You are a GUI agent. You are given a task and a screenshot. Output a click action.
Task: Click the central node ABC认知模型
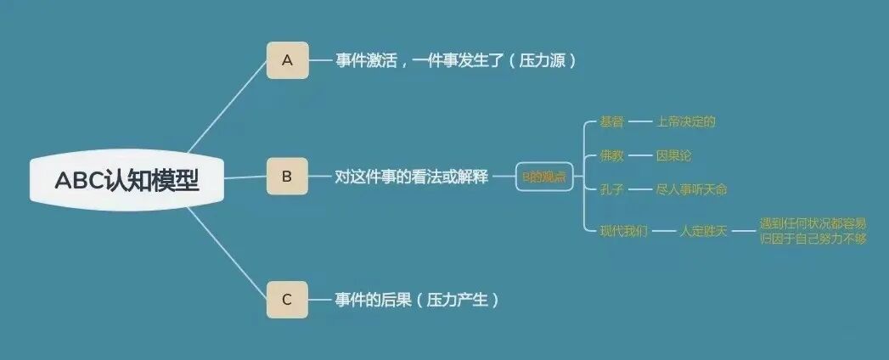127,181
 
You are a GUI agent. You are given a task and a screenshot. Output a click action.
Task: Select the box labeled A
287,60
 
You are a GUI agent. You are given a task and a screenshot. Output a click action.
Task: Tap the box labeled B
287,177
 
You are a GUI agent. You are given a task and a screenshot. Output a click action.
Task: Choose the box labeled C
287,300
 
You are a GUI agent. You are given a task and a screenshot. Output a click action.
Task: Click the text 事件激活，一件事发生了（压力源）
456,61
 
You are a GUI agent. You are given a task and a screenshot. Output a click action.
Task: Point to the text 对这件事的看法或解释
412,177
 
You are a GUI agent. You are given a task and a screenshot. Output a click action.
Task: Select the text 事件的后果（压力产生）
417,300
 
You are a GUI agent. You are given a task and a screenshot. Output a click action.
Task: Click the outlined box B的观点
544,177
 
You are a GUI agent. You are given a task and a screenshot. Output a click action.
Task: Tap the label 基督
611,121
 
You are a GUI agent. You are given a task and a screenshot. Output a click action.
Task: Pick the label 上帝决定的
685,121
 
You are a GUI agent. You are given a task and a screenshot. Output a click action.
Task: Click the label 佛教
611,155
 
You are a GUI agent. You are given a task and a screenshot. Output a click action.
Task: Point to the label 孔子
611,189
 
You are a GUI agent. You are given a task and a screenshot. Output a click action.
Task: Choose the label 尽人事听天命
691,189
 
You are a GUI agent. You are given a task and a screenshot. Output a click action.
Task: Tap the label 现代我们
623,230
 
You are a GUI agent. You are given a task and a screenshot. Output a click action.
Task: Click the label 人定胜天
703,230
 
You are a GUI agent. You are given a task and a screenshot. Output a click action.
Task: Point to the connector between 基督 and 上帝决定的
639,121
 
